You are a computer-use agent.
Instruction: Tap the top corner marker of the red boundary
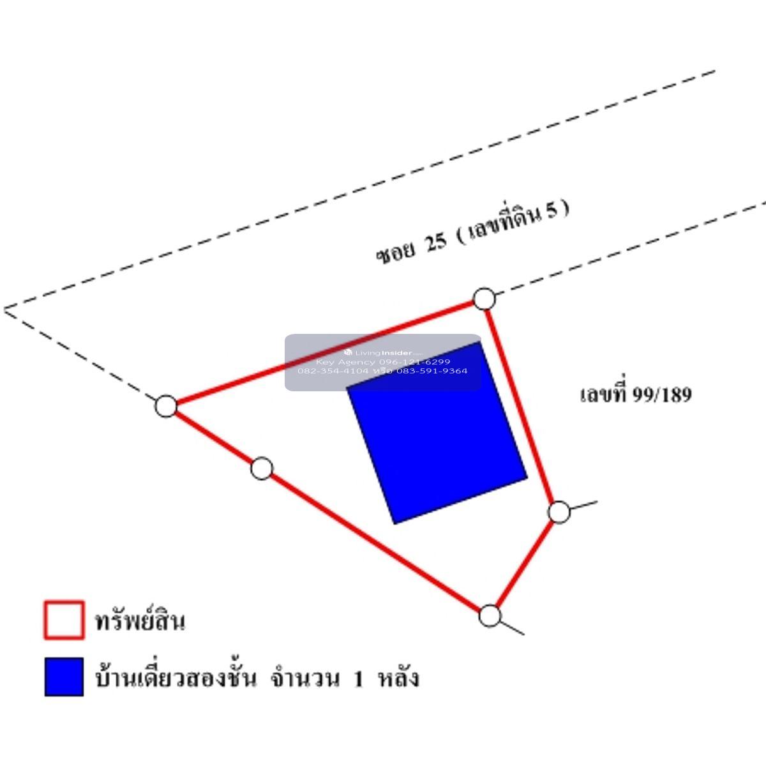[x=484, y=298]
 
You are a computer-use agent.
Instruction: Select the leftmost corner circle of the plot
[x=166, y=405]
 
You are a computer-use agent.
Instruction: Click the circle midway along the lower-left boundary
[x=261, y=469]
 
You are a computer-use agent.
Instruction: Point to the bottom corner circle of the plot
[x=490, y=615]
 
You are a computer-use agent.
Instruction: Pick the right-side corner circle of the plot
[x=559, y=512]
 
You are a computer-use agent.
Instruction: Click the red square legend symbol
[x=64, y=620]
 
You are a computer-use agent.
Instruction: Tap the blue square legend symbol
[x=64, y=677]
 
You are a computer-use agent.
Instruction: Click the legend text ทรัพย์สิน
[x=140, y=621]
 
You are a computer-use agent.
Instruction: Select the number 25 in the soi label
[x=435, y=243]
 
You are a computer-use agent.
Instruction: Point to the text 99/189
[x=662, y=395]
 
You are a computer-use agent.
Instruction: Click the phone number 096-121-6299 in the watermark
[x=414, y=362]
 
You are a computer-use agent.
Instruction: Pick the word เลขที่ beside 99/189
[x=603, y=394]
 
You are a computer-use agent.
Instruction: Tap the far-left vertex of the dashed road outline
[x=5, y=310]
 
